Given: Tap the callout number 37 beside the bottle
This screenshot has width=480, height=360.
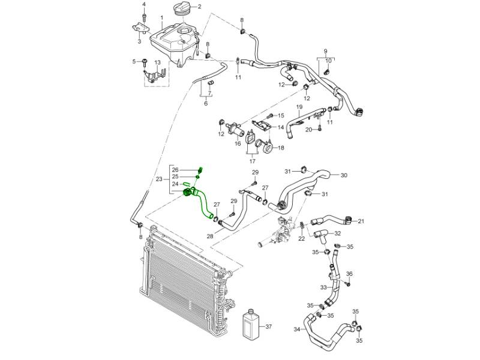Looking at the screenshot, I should click(268, 327).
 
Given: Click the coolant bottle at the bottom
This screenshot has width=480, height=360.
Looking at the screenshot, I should click(250, 325).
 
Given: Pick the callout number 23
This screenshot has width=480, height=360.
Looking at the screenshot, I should click(159, 179).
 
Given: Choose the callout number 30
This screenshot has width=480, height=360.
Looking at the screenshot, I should click(344, 176).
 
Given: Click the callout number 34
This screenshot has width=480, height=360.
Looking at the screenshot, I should click(296, 329).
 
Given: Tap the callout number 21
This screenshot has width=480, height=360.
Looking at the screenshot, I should click(361, 221).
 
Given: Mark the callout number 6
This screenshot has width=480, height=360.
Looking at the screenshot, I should click(205, 104).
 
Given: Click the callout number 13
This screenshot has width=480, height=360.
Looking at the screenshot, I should click(158, 63).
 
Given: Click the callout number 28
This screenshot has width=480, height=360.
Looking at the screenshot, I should click(210, 237).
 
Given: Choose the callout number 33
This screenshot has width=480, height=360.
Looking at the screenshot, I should click(323, 288).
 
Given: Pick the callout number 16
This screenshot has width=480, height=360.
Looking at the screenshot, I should click(238, 143).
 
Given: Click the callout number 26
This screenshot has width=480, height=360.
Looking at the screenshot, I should click(175, 170).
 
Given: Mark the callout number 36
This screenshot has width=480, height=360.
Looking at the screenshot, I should click(350, 274).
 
